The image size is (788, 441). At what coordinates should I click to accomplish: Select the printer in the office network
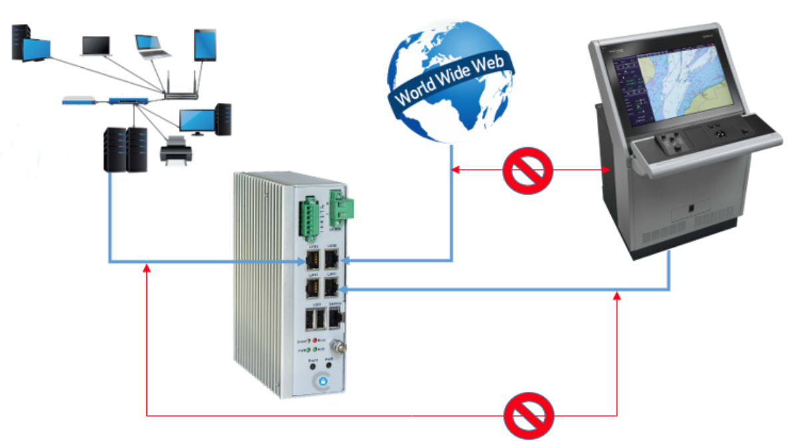[x=176, y=148]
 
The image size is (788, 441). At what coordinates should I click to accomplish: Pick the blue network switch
[x=129, y=101]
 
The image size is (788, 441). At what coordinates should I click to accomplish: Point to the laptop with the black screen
[x=96, y=46]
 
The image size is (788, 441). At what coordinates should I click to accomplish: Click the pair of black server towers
[x=125, y=149]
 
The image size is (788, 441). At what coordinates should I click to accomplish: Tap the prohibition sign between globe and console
[x=528, y=170]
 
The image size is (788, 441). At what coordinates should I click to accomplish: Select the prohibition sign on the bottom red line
[x=528, y=415]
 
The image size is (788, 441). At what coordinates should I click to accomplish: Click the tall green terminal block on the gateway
[x=310, y=217]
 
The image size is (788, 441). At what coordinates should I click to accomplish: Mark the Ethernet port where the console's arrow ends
[x=331, y=287]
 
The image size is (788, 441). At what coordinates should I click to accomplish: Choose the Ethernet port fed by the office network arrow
[x=313, y=261]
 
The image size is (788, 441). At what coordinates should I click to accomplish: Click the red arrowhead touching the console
[x=606, y=171]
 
